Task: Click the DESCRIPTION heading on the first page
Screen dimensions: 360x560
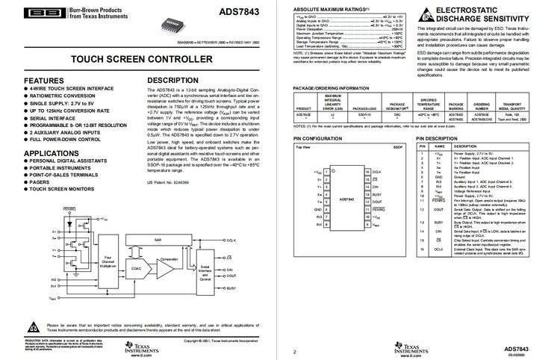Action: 172,80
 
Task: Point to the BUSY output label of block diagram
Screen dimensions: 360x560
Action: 231,288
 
